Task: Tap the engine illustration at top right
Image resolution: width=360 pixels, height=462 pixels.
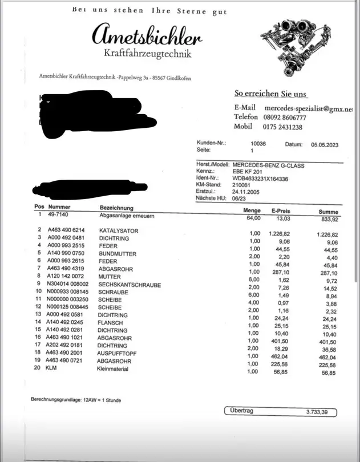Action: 293,48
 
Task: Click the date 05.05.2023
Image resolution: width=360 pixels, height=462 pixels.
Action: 325,145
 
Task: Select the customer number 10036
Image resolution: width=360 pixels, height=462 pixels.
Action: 258,145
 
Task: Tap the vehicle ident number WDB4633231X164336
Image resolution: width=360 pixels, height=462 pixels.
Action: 261,179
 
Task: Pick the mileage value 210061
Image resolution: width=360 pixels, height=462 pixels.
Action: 241,185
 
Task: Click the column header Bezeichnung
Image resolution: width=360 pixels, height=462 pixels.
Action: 116,208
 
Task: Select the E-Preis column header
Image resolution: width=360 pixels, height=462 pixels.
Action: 281,211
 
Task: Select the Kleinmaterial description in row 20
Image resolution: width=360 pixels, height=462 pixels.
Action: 113,369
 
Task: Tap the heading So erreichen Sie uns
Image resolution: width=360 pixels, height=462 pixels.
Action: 270,94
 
